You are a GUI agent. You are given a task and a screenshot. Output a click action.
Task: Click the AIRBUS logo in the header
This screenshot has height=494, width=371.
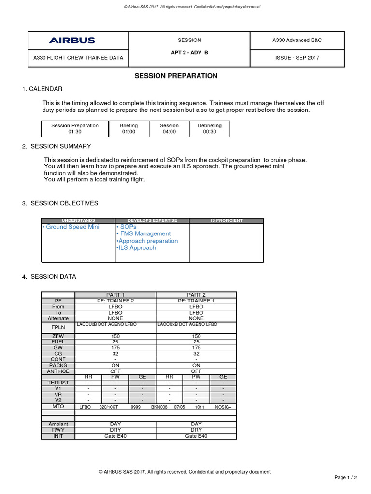point(71,41)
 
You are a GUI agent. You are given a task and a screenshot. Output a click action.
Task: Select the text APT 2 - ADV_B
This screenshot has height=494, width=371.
point(189,52)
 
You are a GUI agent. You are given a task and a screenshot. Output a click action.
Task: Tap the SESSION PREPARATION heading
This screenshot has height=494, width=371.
point(176,76)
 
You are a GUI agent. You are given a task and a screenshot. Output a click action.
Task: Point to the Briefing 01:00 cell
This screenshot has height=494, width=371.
point(128,128)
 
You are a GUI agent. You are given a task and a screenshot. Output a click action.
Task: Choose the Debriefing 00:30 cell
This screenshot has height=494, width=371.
point(210,128)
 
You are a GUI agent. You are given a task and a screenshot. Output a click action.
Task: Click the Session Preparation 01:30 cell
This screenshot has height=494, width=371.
point(75,128)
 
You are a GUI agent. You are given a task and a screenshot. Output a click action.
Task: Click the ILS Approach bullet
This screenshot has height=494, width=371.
point(137,247)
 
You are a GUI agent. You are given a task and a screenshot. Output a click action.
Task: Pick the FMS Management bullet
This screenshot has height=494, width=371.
point(143,233)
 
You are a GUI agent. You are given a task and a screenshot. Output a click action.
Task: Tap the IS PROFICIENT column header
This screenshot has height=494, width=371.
point(227,220)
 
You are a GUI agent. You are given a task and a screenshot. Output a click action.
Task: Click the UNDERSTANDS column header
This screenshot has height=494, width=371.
point(78,220)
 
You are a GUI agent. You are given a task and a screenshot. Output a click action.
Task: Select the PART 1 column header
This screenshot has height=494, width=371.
point(115,295)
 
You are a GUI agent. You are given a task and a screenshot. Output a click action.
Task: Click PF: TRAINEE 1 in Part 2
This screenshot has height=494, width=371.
point(196,301)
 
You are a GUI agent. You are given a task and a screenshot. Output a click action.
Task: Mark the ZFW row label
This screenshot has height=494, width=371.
point(58,336)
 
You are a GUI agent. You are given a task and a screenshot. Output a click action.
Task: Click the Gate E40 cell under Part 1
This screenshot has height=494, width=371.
point(115,436)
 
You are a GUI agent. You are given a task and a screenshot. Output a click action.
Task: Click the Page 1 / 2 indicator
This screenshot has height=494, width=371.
point(346,477)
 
